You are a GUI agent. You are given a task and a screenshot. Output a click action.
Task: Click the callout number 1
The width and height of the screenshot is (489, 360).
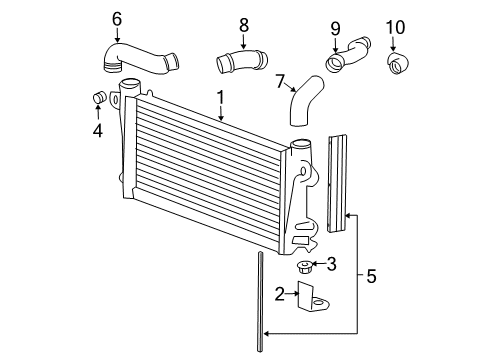point(221,99)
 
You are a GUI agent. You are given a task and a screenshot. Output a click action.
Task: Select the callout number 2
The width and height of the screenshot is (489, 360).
point(281,294)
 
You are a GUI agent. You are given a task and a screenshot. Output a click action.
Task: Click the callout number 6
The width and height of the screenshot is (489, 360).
point(117,18)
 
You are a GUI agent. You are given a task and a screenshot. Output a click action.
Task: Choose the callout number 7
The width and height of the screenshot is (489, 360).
point(280,80)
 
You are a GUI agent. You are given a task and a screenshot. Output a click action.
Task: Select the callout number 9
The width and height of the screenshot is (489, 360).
point(334,27)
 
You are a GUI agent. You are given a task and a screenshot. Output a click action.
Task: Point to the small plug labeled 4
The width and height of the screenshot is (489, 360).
point(99,98)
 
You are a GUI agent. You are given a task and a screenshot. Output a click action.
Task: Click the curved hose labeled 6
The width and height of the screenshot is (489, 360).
point(140,58)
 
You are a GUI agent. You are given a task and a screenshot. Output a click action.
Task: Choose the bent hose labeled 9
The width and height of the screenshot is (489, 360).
point(345,54)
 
